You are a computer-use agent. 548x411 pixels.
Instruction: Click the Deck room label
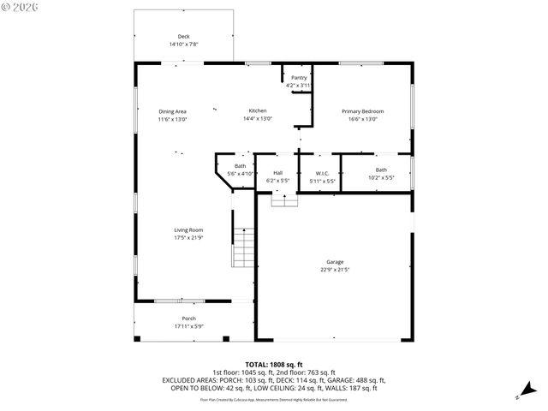tap(183, 36)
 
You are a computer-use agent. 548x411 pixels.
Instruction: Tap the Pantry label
tap(298, 78)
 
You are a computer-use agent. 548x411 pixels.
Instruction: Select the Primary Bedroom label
tap(362, 111)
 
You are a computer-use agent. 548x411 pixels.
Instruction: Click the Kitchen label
tap(258, 111)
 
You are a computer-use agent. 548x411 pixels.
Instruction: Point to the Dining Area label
tap(172, 111)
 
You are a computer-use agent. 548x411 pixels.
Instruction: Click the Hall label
tap(277, 173)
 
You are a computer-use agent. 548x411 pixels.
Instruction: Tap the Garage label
tap(334, 262)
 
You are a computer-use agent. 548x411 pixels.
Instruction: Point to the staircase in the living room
tap(244, 248)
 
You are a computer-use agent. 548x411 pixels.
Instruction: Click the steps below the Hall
tap(284, 200)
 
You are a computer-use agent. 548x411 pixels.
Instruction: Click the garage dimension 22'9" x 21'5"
tap(334, 270)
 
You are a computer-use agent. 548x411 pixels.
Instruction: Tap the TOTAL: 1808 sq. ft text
tap(274, 365)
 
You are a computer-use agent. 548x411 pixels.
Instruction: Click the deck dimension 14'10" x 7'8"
tap(183, 44)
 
